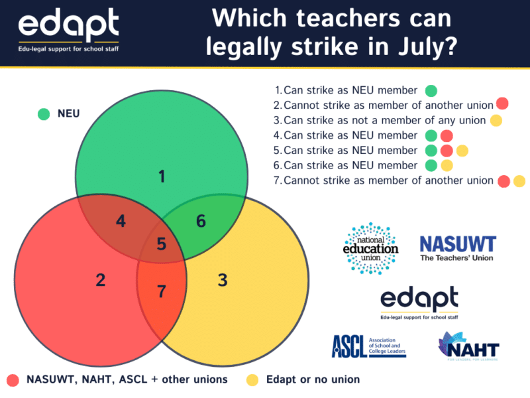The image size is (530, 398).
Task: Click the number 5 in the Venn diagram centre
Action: [162, 243]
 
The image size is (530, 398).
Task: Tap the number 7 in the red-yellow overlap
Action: [162, 291]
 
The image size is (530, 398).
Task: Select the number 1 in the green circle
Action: [162, 176]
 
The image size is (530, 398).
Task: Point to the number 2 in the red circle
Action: [101, 280]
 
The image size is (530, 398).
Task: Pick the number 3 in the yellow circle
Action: [223, 280]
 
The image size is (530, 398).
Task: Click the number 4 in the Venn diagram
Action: [121, 221]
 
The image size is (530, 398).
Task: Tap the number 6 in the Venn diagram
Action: [201, 221]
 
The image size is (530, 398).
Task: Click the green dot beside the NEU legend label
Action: [44, 114]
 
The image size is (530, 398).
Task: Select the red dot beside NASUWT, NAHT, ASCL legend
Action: [13, 380]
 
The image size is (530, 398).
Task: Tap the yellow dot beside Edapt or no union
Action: [252, 380]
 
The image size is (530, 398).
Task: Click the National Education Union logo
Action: [371, 248]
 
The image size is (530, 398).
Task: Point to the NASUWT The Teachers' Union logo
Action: [458, 249]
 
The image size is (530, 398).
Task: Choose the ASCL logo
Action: [369, 346]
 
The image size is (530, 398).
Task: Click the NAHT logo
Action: [469, 346]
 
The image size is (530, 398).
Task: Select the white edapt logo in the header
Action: [69, 30]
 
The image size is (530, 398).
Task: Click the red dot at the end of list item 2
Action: [502, 103]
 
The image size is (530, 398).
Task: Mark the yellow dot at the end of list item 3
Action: [496, 120]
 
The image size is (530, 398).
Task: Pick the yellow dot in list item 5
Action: [462, 151]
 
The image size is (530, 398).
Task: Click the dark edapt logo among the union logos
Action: [419, 302]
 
